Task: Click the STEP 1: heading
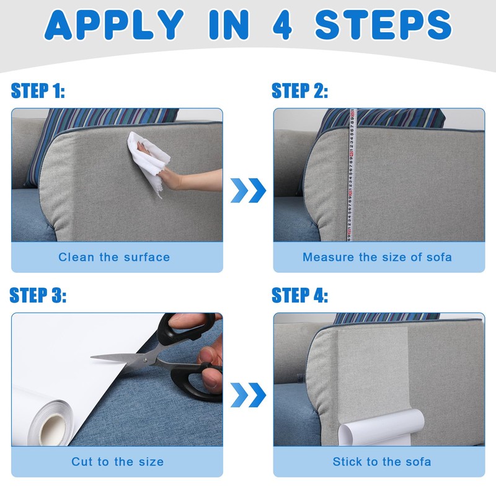[38, 91]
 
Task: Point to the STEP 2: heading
[300, 91]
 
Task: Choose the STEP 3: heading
[38, 296]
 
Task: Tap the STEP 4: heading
[300, 296]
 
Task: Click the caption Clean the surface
[114, 257]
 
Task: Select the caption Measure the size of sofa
[377, 257]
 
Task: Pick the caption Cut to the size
[117, 461]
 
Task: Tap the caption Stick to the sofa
[381, 461]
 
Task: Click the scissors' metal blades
[124, 358]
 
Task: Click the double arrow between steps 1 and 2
[248, 190]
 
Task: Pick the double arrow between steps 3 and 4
[248, 395]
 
